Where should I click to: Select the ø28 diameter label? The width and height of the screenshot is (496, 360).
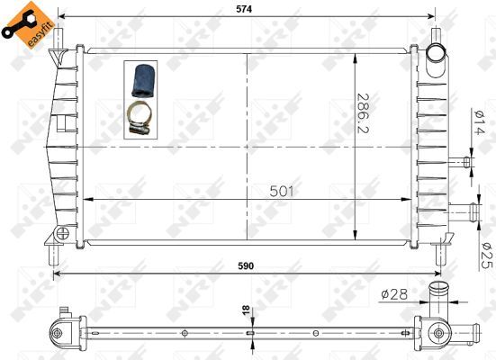393,292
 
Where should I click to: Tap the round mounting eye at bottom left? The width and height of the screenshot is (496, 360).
61,234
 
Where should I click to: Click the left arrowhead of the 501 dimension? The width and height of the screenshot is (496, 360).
88,200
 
